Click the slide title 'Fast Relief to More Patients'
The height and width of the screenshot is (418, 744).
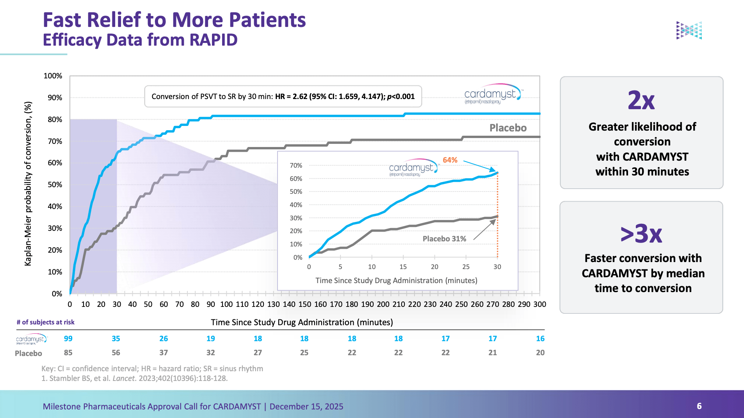[x=174, y=20]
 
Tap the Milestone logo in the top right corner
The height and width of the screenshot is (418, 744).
[x=689, y=30]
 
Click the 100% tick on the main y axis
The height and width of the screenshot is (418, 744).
[x=53, y=76]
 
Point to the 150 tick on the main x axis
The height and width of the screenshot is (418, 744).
[x=304, y=304]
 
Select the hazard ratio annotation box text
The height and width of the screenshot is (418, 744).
[x=283, y=96]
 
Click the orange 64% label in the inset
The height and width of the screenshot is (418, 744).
[x=450, y=160]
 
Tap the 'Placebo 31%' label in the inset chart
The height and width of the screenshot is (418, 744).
[x=444, y=239]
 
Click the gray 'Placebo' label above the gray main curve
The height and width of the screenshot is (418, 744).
[x=508, y=128]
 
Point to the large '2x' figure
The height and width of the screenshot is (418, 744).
[x=641, y=100]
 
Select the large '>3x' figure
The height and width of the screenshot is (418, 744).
[x=641, y=234]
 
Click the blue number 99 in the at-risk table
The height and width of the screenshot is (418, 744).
[x=68, y=338]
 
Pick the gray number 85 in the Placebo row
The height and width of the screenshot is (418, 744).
[x=68, y=352]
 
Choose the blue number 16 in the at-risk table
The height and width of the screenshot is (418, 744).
[x=540, y=338]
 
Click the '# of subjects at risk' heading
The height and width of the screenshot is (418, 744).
[x=45, y=322]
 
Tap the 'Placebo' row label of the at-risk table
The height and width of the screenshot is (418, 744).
[x=28, y=353]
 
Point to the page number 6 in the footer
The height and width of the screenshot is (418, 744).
[x=699, y=406]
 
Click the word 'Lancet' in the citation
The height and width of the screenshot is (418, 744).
[x=124, y=378]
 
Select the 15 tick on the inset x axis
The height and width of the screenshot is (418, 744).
[x=403, y=267]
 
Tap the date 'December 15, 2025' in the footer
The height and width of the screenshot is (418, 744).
[x=306, y=406]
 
